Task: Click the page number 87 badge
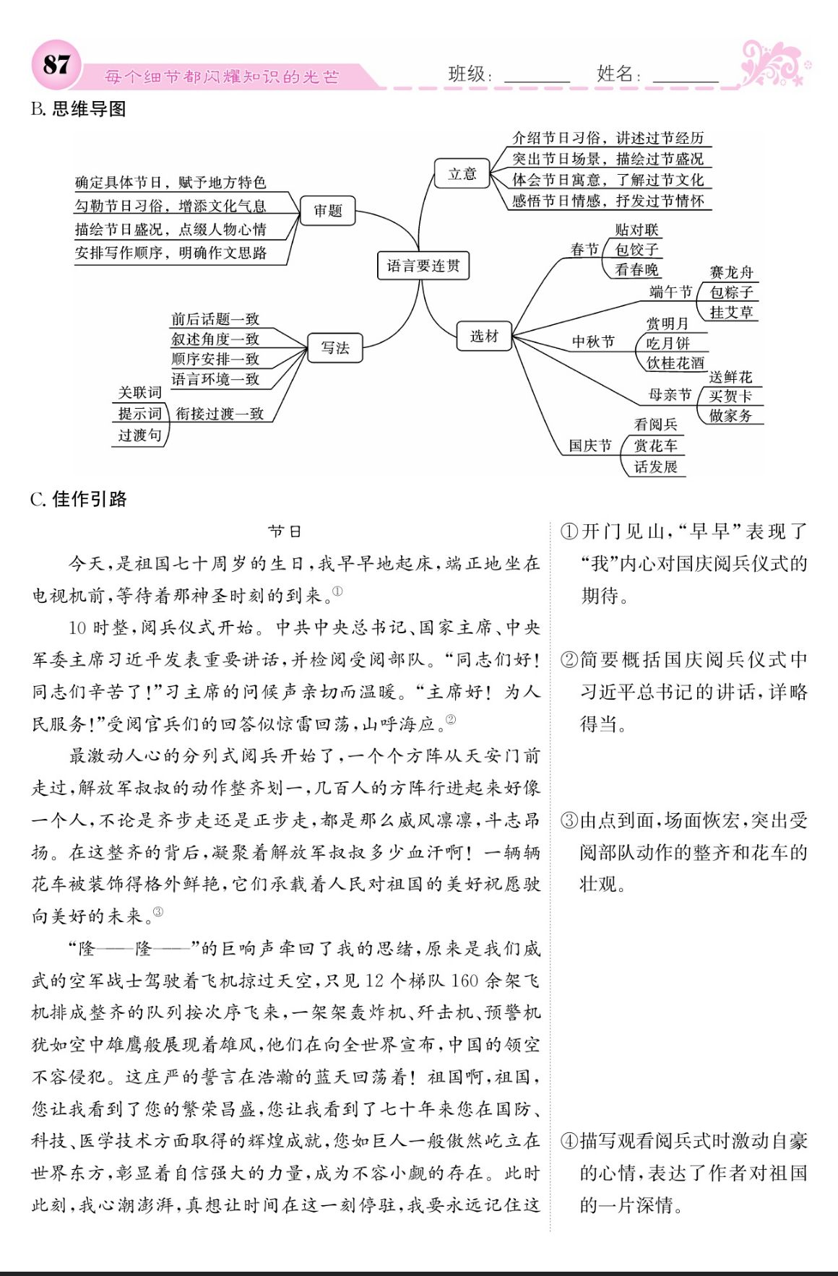coord(56,64)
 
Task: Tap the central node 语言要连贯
coord(423,266)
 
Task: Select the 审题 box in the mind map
coord(328,211)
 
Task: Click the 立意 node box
coord(462,174)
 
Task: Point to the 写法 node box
coord(335,348)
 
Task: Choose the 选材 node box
coord(484,336)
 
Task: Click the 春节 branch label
coord(584,249)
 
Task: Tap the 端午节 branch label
coord(670,292)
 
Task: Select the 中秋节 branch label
coord(593,342)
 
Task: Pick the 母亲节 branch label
coord(670,394)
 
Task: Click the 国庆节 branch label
coord(589,446)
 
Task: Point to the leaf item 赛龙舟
coord(731,272)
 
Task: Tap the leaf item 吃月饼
coord(668,343)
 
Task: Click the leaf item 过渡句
coord(140,435)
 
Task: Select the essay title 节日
coord(285,531)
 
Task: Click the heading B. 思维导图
coord(79,109)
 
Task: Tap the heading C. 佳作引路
coord(79,499)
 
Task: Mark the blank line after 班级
coord(537,78)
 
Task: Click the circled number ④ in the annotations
coord(569,1141)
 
